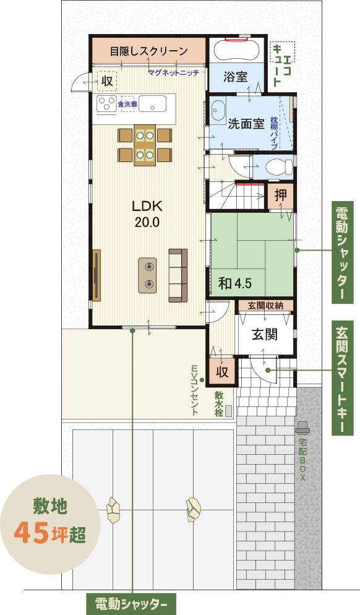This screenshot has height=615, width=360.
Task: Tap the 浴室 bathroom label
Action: (236, 77)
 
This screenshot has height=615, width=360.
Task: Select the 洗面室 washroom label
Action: (246, 124)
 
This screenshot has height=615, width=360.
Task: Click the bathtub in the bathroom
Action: (236, 50)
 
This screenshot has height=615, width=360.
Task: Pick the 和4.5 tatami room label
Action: (235, 283)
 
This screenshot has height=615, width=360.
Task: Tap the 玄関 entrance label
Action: (265, 334)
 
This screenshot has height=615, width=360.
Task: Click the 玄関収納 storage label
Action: (265, 306)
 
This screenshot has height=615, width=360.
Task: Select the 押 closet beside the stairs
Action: (280, 195)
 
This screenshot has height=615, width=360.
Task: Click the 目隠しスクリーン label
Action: (149, 51)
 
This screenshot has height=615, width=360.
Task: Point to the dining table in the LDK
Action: (145, 145)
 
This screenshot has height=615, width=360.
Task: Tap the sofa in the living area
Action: (178, 275)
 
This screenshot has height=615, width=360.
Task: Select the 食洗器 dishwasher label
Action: (127, 105)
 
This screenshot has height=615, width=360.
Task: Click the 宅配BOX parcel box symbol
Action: (302, 428)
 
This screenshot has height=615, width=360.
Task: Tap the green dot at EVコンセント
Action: (202, 380)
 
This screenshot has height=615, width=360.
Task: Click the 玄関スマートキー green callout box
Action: (342, 378)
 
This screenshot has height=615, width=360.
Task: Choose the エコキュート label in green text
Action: (282, 65)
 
